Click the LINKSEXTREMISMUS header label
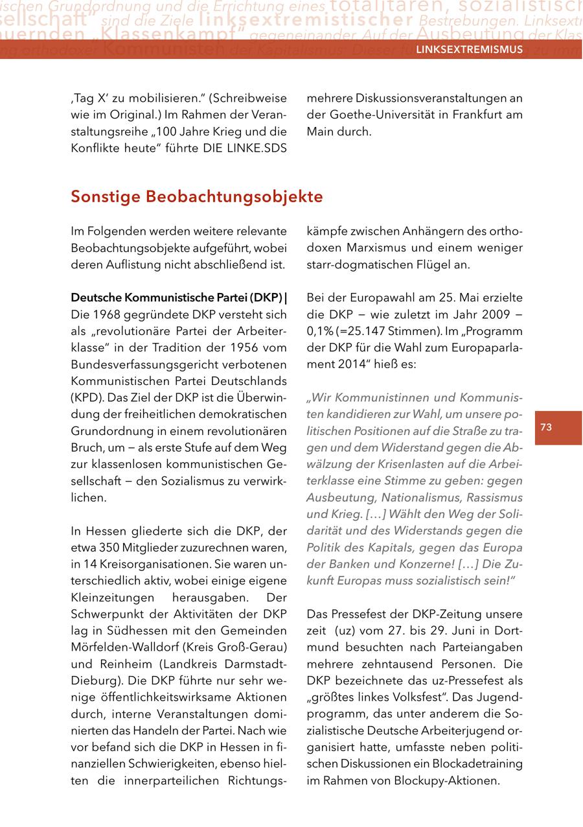tap(469, 49)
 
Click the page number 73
tap(546, 427)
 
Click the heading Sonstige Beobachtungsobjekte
tap(197, 196)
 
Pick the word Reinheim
tap(124, 664)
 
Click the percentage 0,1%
tap(320, 331)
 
